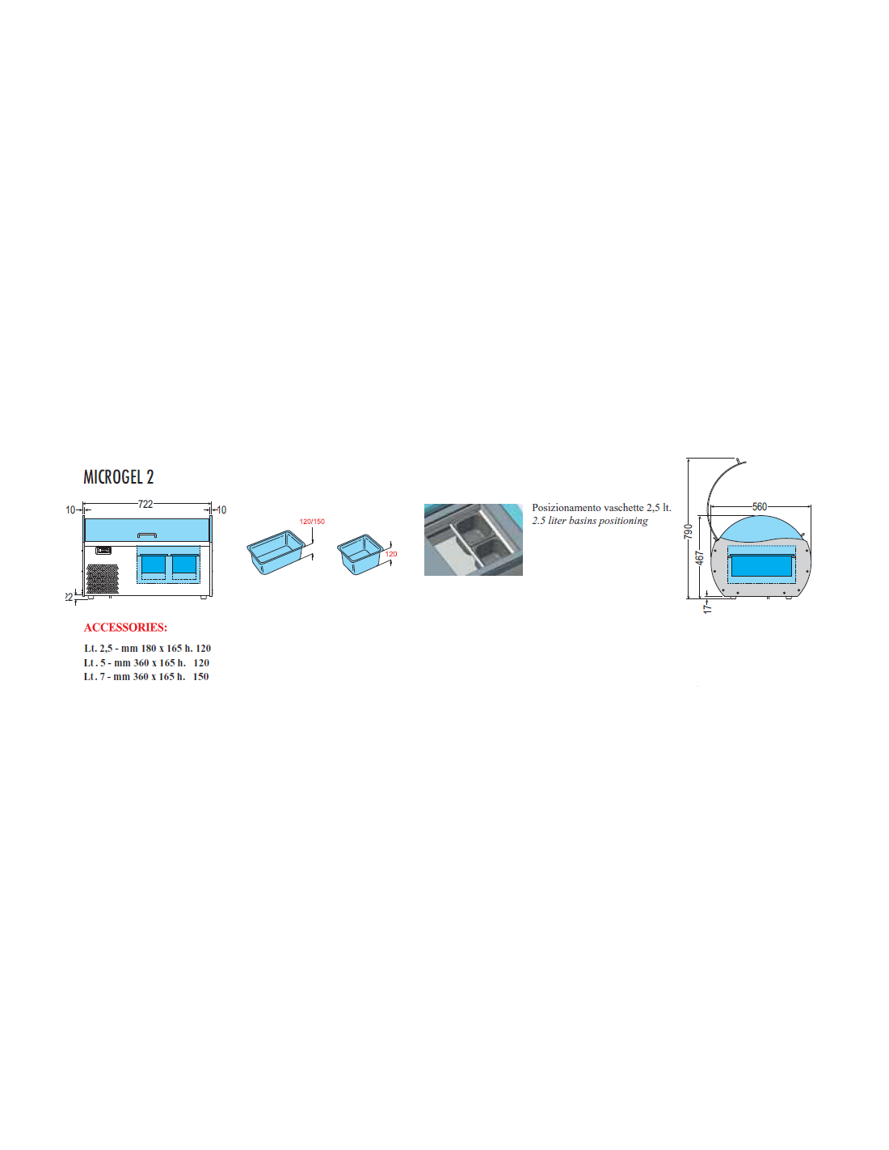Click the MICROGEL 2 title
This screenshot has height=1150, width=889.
119,477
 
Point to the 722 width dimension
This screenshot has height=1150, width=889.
145,504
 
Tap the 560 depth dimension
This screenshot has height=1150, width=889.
760,506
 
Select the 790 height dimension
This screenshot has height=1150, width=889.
688,531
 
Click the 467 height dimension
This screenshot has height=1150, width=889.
699,558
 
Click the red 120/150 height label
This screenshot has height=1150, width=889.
312,522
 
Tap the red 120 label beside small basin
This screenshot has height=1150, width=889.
391,553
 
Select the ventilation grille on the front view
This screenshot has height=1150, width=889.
103,578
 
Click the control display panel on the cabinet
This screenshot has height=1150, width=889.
103,551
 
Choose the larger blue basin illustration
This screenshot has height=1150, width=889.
276,552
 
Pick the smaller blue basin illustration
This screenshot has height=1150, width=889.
360,554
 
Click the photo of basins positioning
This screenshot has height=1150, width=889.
474,539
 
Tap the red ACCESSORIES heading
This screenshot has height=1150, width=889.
125,627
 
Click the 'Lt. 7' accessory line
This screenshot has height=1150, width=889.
146,676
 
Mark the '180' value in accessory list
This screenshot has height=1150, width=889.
149,649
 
